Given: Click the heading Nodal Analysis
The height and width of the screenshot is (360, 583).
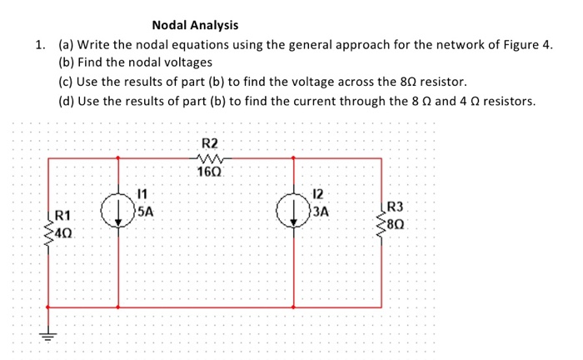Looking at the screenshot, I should [194, 26].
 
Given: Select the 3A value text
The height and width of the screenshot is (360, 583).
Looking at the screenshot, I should [320, 212].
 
